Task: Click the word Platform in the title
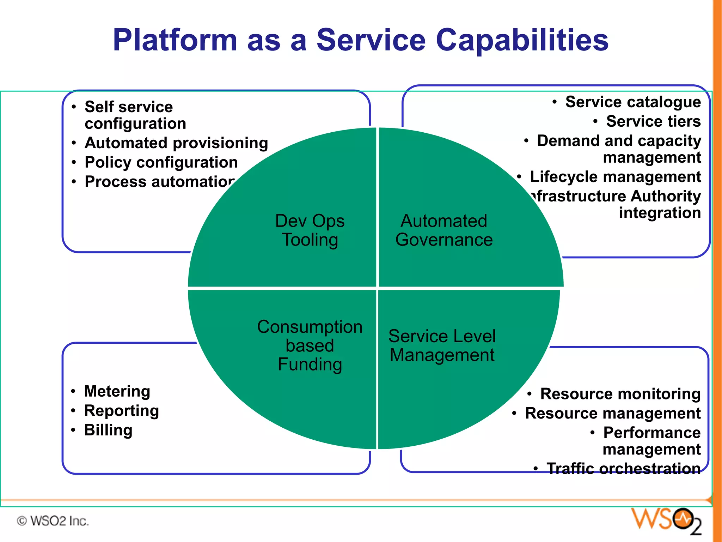click(175, 40)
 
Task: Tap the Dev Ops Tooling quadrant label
click(310, 230)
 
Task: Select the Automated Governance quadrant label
click(444, 230)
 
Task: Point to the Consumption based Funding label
click(310, 345)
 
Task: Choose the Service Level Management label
click(442, 345)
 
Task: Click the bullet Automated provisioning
click(176, 143)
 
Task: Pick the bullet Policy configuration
click(161, 162)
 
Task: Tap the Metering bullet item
click(117, 391)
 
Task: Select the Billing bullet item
click(108, 430)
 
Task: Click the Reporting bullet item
click(121, 410)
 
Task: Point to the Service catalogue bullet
click(633, 102)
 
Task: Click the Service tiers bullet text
click(653, 121)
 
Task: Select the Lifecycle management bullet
click(615, 177)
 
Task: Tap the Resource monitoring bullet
click(620, 394)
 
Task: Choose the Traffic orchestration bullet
click(623, 468)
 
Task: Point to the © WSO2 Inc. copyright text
click(53, 521)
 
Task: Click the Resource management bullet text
click(613, 413)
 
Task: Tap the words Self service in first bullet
click(129, 107)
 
